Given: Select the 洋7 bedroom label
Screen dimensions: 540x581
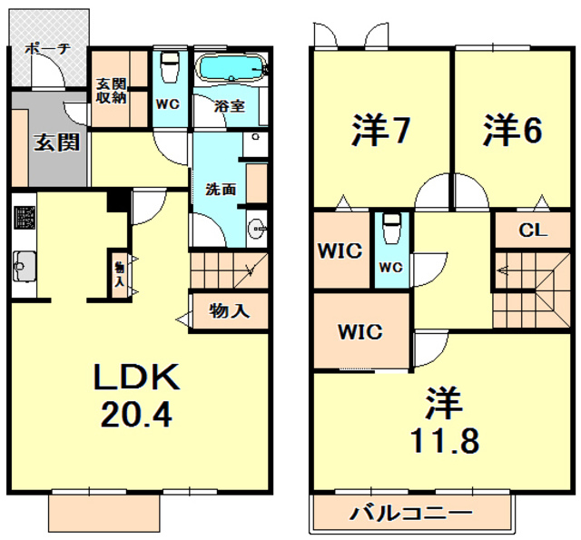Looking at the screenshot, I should pos(379,131).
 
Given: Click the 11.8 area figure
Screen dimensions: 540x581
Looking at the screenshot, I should pos(444,439).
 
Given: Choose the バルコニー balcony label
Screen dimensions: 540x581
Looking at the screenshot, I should pos(411,514).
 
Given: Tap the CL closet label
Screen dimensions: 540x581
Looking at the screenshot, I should pos(532,231).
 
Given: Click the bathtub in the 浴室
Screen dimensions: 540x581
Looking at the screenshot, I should pos(231,68).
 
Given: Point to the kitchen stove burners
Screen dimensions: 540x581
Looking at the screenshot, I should pos(23,219).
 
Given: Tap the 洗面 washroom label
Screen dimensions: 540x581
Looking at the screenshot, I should pos(221,191).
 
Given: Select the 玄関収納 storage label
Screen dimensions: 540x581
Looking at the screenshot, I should pos(112,91).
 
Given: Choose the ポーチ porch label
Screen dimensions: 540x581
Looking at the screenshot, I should pos(47,49).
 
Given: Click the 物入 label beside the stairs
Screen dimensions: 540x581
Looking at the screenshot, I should pos(229,311).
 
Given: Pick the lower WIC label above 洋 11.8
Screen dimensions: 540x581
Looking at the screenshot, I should pos(359,331).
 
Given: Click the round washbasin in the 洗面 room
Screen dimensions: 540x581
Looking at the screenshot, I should pos(256,228).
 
